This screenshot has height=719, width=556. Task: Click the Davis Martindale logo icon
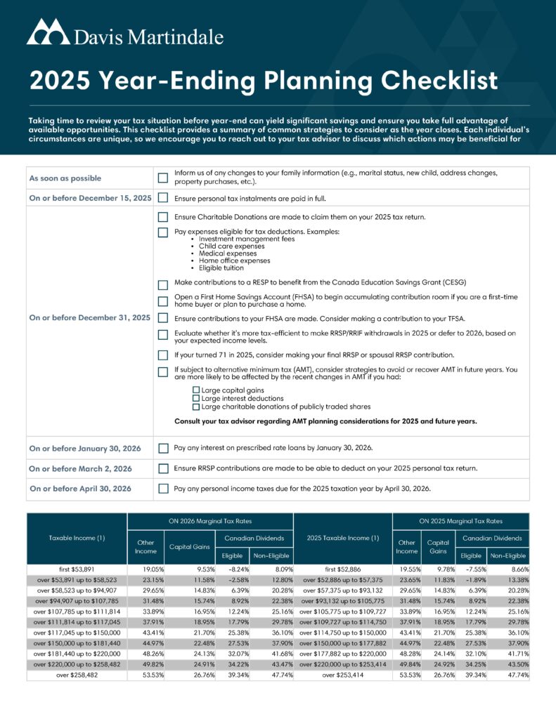(47, 33)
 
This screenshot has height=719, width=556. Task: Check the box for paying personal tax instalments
(163, 198)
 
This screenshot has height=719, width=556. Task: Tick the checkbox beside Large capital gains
(196, 390)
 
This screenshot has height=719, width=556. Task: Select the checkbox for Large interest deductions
(196, 398)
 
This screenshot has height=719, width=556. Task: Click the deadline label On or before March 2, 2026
(80, 468)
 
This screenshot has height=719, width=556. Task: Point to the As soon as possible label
(65, 178)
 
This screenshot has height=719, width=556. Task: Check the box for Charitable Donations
(163, 218)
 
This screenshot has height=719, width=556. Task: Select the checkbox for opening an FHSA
(163, 301)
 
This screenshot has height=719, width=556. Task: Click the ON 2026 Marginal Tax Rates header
(209, 521)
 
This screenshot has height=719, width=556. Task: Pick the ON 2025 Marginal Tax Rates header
(460, 521)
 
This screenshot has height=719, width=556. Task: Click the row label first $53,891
(77, 569)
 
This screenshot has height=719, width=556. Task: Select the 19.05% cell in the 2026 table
(142, 569)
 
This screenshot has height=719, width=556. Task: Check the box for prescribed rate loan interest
(163, 448)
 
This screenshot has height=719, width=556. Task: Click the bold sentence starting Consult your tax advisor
(325, 421)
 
